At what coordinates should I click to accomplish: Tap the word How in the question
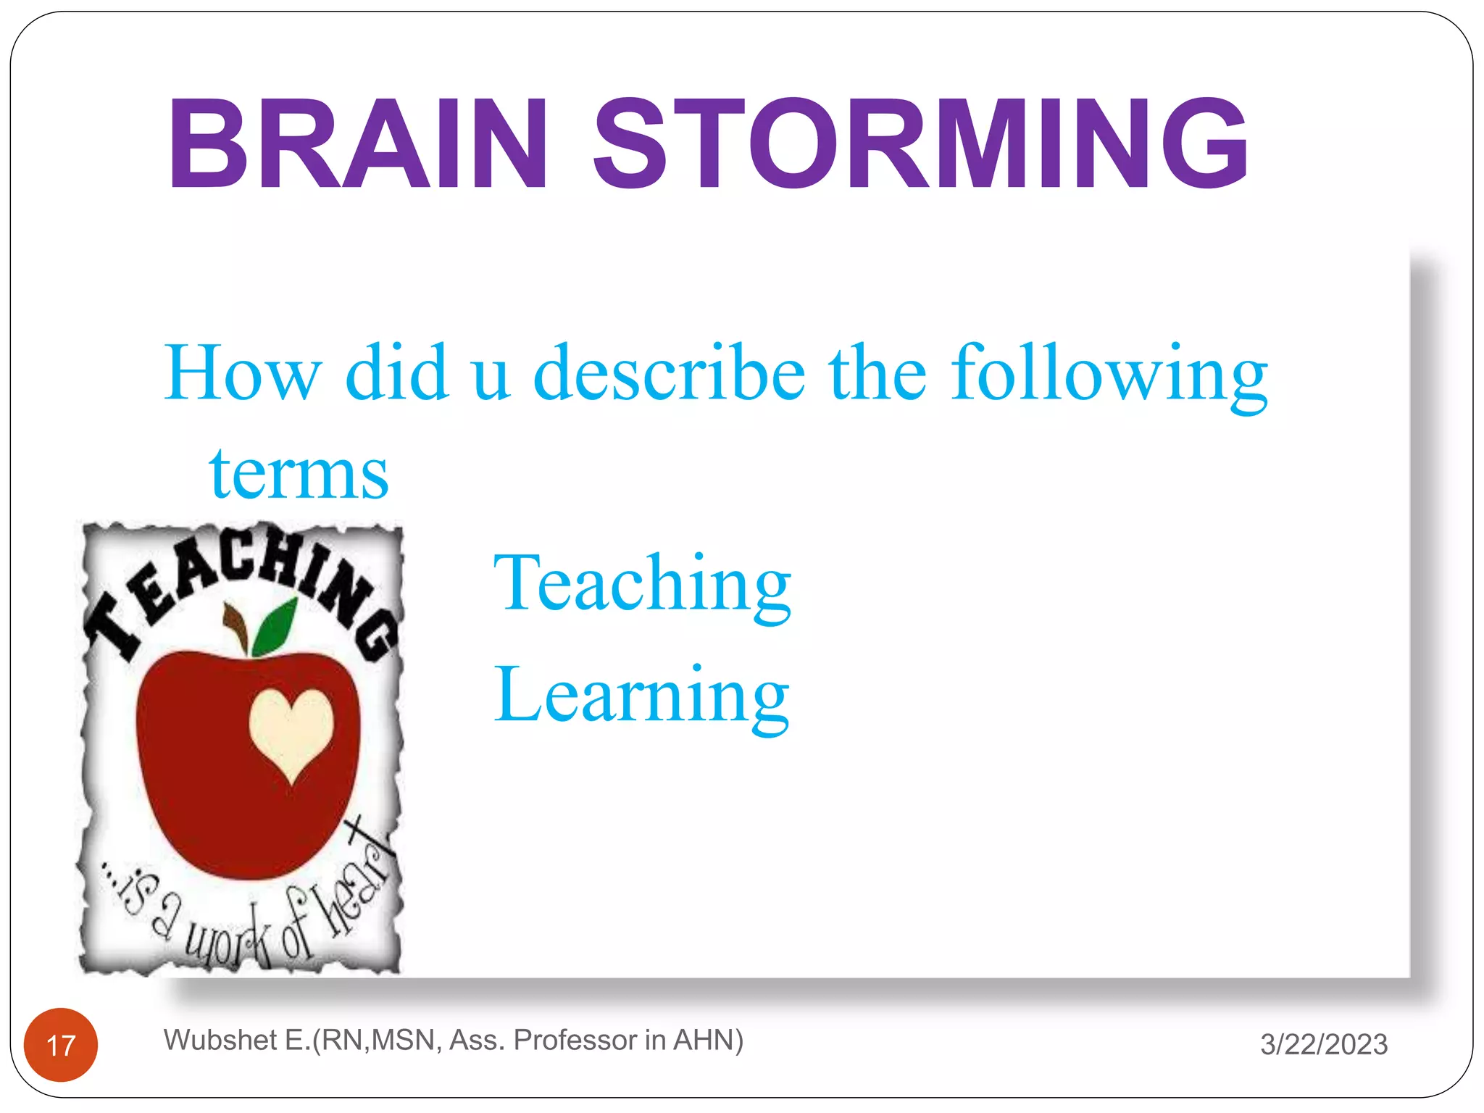pos(242,373)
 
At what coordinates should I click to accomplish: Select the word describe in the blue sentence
pos(669,373)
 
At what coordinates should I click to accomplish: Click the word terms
pos(299,474)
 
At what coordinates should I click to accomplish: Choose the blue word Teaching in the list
pos(642,583)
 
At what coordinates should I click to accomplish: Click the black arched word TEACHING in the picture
pos(239,580)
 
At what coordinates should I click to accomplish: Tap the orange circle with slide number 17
pos(61,1045)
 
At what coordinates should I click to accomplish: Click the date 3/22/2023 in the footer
pos(1323,1044)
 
